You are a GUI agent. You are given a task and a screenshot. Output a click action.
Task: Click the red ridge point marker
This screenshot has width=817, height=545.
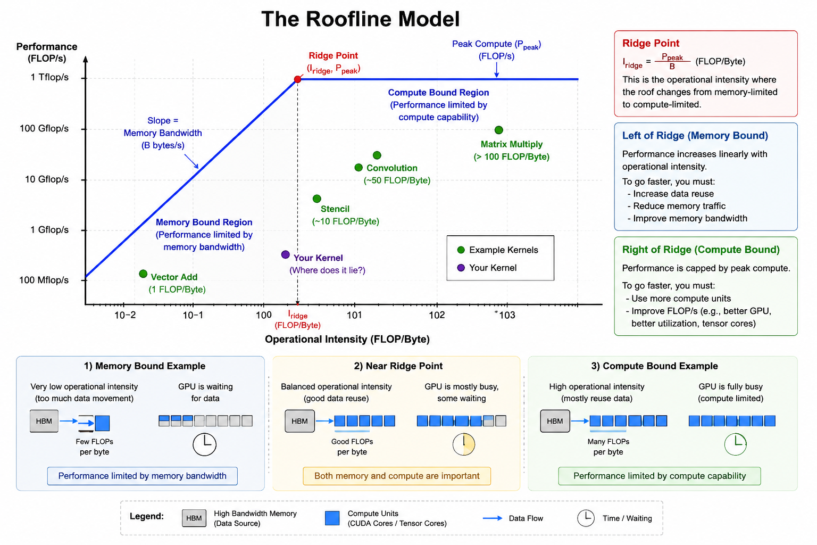[x=298, y=79]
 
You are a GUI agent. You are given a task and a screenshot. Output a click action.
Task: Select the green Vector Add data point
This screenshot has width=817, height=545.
[x=143, y=274]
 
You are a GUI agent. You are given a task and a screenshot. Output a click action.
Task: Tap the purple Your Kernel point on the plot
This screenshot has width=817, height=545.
[x=286, y=254]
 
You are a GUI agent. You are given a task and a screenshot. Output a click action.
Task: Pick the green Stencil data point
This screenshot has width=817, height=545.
[x=317, y=199]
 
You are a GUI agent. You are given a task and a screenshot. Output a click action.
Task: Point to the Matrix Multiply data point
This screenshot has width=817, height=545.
[x=498, y=130]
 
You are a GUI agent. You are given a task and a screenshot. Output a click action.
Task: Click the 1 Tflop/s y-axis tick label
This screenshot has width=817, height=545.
[x=49, y=77]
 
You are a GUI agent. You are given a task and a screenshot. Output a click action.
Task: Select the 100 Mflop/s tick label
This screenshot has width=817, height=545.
[x=44, y=280]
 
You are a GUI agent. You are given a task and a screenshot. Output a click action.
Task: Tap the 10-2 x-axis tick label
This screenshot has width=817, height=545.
[x=125, y=315]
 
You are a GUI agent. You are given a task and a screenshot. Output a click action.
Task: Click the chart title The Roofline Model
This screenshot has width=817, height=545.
[x=360, y=19]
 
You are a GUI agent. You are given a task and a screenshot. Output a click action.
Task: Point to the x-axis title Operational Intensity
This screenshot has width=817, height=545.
[x=347, y=339]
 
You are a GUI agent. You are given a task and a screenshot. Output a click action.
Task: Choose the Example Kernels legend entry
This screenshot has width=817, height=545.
[x=497, y=250]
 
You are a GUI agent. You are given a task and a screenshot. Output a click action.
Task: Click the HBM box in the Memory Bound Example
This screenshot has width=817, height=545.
[x=44, y=421]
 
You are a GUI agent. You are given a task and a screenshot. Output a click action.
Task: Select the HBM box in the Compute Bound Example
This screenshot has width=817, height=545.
[x=555, y=421]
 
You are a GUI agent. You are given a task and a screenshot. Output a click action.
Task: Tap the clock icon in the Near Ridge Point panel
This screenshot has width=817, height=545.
[x=464, y=444]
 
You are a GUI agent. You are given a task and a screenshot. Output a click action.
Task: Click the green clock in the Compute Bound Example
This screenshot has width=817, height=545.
[x=735, y=444]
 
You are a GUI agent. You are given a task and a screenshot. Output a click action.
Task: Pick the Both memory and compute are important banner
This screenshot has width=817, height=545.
[x=397, y=476]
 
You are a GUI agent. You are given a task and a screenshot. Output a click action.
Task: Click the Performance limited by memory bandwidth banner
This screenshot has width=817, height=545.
[x=142, y=476]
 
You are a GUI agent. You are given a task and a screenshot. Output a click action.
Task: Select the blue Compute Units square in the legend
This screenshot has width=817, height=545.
[x=332, y=518]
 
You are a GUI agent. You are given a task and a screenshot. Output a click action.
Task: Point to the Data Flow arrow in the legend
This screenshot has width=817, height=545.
[x=493, y=518]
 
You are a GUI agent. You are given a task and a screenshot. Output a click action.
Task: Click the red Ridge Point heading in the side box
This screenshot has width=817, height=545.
[x=651, y=43]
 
